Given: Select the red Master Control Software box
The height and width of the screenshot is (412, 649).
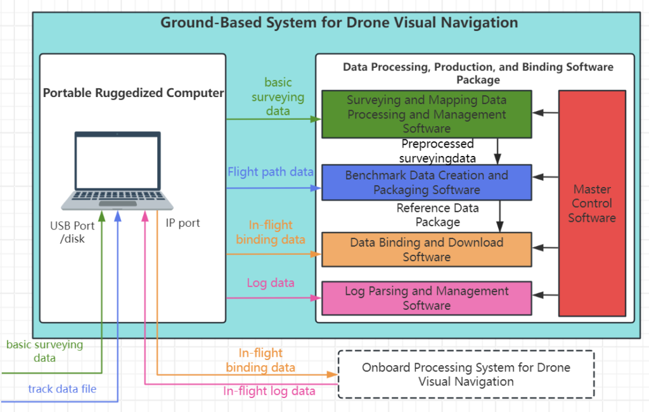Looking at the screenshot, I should click(x=591, y=203).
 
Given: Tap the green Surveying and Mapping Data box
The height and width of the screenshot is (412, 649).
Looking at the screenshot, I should click(x=427, y=114).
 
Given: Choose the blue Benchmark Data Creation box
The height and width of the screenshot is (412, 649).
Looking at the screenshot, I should click(x=427, y=182).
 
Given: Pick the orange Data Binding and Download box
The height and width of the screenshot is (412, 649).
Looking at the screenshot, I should click(x=427, y=249).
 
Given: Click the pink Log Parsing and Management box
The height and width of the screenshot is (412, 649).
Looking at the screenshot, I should click(x=427, y=298).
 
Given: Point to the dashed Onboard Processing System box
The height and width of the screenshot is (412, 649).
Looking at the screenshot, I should click(x=466, y=374).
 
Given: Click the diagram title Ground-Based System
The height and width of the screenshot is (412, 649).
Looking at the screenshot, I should click(x=339, y=23).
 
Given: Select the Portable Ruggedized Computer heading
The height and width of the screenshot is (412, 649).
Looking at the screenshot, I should click(x=133, y=93).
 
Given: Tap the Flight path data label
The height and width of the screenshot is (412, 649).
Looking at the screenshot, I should click(x=271, y=172).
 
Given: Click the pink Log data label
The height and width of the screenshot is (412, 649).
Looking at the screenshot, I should click(x=271, y=283).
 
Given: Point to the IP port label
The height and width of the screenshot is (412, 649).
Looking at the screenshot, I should click(x=183, y=223).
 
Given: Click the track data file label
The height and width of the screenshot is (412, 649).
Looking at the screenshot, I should click(x=62, y=389).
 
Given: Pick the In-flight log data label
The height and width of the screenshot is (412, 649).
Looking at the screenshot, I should click(x=269, y=391).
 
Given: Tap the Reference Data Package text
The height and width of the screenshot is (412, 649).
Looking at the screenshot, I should click(x=437, y=215).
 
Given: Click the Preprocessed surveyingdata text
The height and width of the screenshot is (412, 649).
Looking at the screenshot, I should click(x=437, y=151).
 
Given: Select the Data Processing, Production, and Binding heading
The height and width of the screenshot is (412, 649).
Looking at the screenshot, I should click(x=478, y=73).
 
